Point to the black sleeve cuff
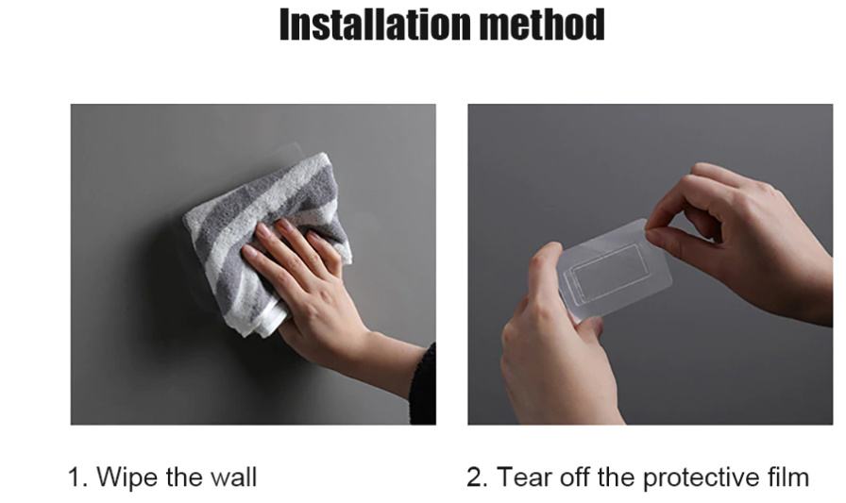(424, 384)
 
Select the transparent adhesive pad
(615, 270)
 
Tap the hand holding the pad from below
(556, 345)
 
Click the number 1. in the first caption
(77, 478)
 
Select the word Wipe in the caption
(127, 478)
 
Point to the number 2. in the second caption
(477, 478)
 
